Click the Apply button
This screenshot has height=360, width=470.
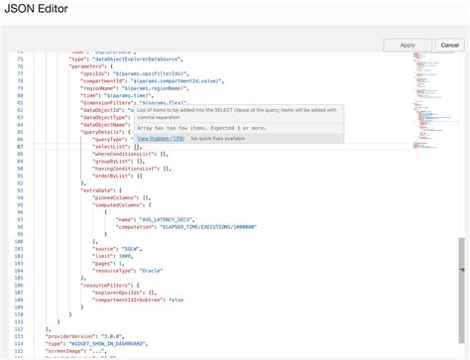[x=408, y=45]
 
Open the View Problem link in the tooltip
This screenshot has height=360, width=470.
[x=160, y=139]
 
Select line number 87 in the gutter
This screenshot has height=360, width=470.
[x=19, y=146]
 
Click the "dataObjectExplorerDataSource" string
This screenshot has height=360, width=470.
[x=146, y=60]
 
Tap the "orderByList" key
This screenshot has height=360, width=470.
[x=114, y=174]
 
